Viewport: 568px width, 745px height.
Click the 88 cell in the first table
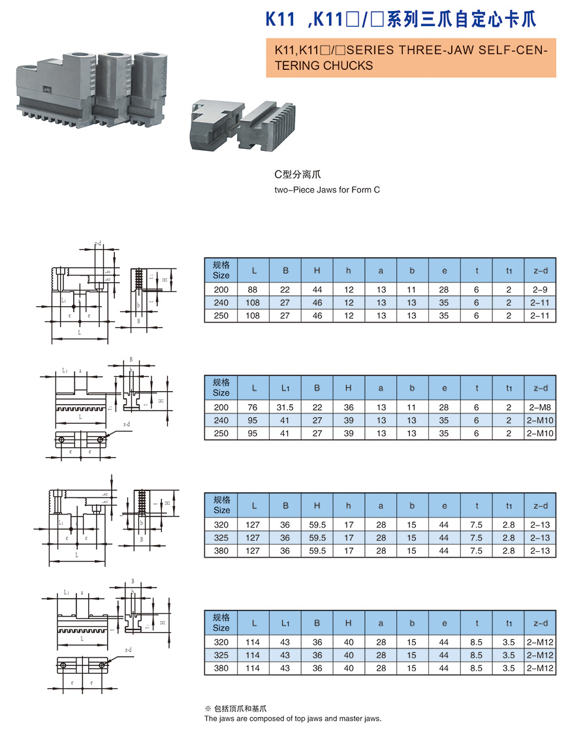point(253,289)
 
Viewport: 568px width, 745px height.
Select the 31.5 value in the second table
point(285,407)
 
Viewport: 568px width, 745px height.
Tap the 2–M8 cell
point(540,407)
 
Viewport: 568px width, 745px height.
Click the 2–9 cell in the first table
point(540,289)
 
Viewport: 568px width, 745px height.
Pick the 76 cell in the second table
point(253,407)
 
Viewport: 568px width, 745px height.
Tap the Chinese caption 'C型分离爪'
point(298,175)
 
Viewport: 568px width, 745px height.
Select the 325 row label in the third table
point(221,538)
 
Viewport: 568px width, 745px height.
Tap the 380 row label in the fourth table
point(221,669)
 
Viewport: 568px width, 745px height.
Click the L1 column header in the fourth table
point(285,623)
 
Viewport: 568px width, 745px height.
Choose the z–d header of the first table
point(540,270)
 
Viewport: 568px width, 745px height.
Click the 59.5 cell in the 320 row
point(317,525)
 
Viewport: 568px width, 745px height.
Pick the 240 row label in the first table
point(221,302)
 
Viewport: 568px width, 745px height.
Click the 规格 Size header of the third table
point(221,505)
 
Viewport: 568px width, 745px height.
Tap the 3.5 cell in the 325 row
point(509,656)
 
